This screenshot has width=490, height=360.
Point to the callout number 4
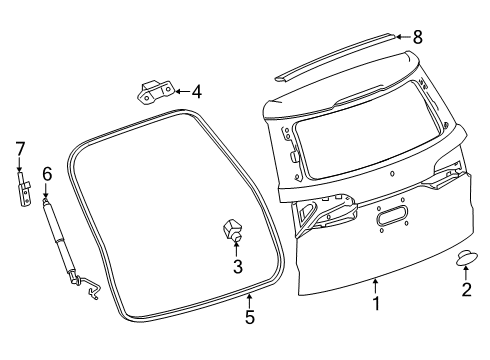pyautogui.click(x=196, y=92)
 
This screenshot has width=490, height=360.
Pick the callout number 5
pyautogui.click(x=250, y=318)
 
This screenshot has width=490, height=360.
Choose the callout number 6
pyautogui.click(x=46, y=174)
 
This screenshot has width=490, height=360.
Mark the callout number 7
pyautogui.click(x=18, y=149)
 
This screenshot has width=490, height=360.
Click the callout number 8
pyautogui.click(x=418, y=36)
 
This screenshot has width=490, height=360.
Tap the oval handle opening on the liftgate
pyautogui.click(x=391, y=218)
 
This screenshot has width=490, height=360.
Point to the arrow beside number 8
pyautogui.click(x=401, y=36)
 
